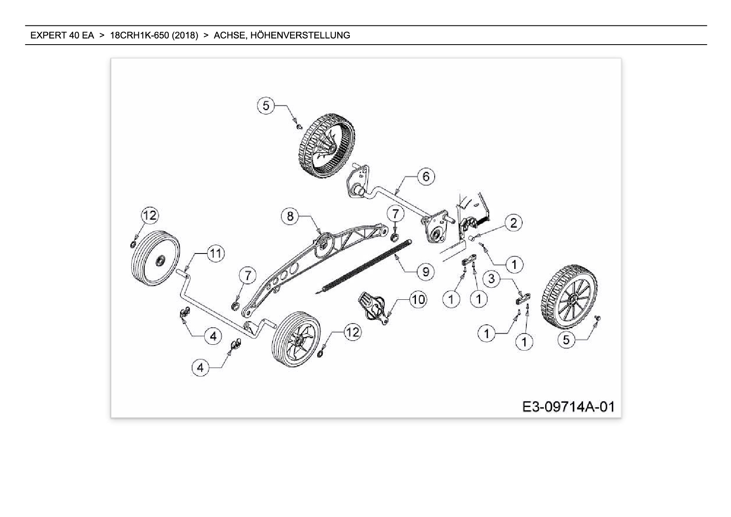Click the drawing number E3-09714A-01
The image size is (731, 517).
tap(568, 407)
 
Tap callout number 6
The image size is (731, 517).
tap(426, 176)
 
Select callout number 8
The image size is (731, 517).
tap(290, 216)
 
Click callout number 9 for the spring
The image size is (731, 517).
tap(426, 272)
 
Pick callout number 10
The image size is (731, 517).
tap(418, 299)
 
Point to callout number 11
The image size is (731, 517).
tap(215, 253)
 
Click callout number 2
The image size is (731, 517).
tap(513, 223)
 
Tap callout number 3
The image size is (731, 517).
tap(491, 279)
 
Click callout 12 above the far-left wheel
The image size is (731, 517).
tap(150, 215)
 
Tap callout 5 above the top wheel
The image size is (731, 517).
tap(266, 105)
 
